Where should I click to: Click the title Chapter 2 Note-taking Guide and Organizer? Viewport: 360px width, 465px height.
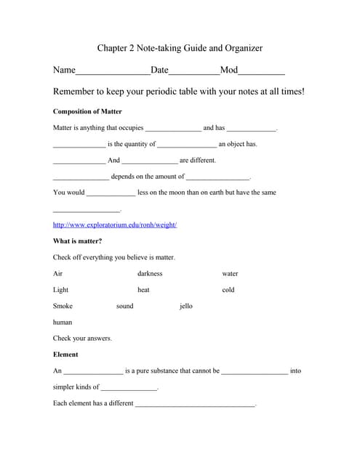tap(180, 49)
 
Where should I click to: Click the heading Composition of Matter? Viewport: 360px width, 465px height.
tap(87, 112)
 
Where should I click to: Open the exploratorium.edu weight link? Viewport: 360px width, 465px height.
tap(115, 225)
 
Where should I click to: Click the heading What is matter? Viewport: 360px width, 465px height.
tap(77, 241)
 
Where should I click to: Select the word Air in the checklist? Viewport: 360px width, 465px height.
tap(58, 274)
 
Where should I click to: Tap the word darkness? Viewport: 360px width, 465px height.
tap(150, 274)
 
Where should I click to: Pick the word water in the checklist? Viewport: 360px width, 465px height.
tap(230, 274)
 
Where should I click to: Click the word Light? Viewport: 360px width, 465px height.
tap(60, 290)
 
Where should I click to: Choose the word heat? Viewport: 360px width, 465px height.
tap(143, 290)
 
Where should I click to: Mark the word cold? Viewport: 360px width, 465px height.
tap(228, 290)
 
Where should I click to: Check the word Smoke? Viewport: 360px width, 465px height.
tap(63, 306)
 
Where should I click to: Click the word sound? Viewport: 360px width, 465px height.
tap(125, 306)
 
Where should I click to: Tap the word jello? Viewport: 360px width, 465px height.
tap(186, 306)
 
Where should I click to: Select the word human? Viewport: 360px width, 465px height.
tap(63, 322)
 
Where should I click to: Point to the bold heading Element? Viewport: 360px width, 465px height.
tap(65, 355)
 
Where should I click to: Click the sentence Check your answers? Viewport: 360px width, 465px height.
tap(82, 339)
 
